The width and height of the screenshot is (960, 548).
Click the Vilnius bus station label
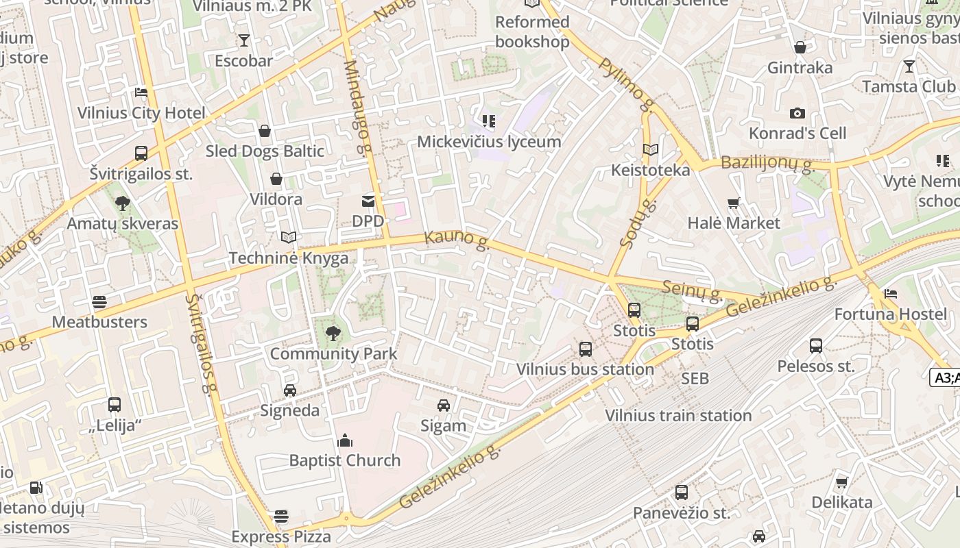[x=585, y=369]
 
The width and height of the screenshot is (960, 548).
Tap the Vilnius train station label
[x=678, y=415]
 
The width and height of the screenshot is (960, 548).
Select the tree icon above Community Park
[x=333, y=334]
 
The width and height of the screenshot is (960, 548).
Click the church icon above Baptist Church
[x=345, y=440]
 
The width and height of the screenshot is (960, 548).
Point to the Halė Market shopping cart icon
[x=734, y=203]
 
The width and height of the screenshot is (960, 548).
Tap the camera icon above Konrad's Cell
[x=797, y=113]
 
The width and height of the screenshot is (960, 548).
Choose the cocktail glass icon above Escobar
[x=243, y=40]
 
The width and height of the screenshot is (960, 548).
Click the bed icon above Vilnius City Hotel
[x=141, y=92]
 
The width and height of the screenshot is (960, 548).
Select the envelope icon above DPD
[x=368, y=201]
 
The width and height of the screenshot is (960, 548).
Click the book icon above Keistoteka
[x=650, y=149]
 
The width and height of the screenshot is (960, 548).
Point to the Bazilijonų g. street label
[x=767, y=164]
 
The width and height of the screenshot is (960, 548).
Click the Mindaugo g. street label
[x=358, y=107]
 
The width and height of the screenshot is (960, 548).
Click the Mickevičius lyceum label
[x=489, y=142]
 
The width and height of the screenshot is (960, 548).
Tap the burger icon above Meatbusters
[x=99, y=302]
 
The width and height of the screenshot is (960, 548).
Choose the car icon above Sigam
[x=444, y=406]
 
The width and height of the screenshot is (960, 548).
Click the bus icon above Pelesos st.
[x=816, y=346]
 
